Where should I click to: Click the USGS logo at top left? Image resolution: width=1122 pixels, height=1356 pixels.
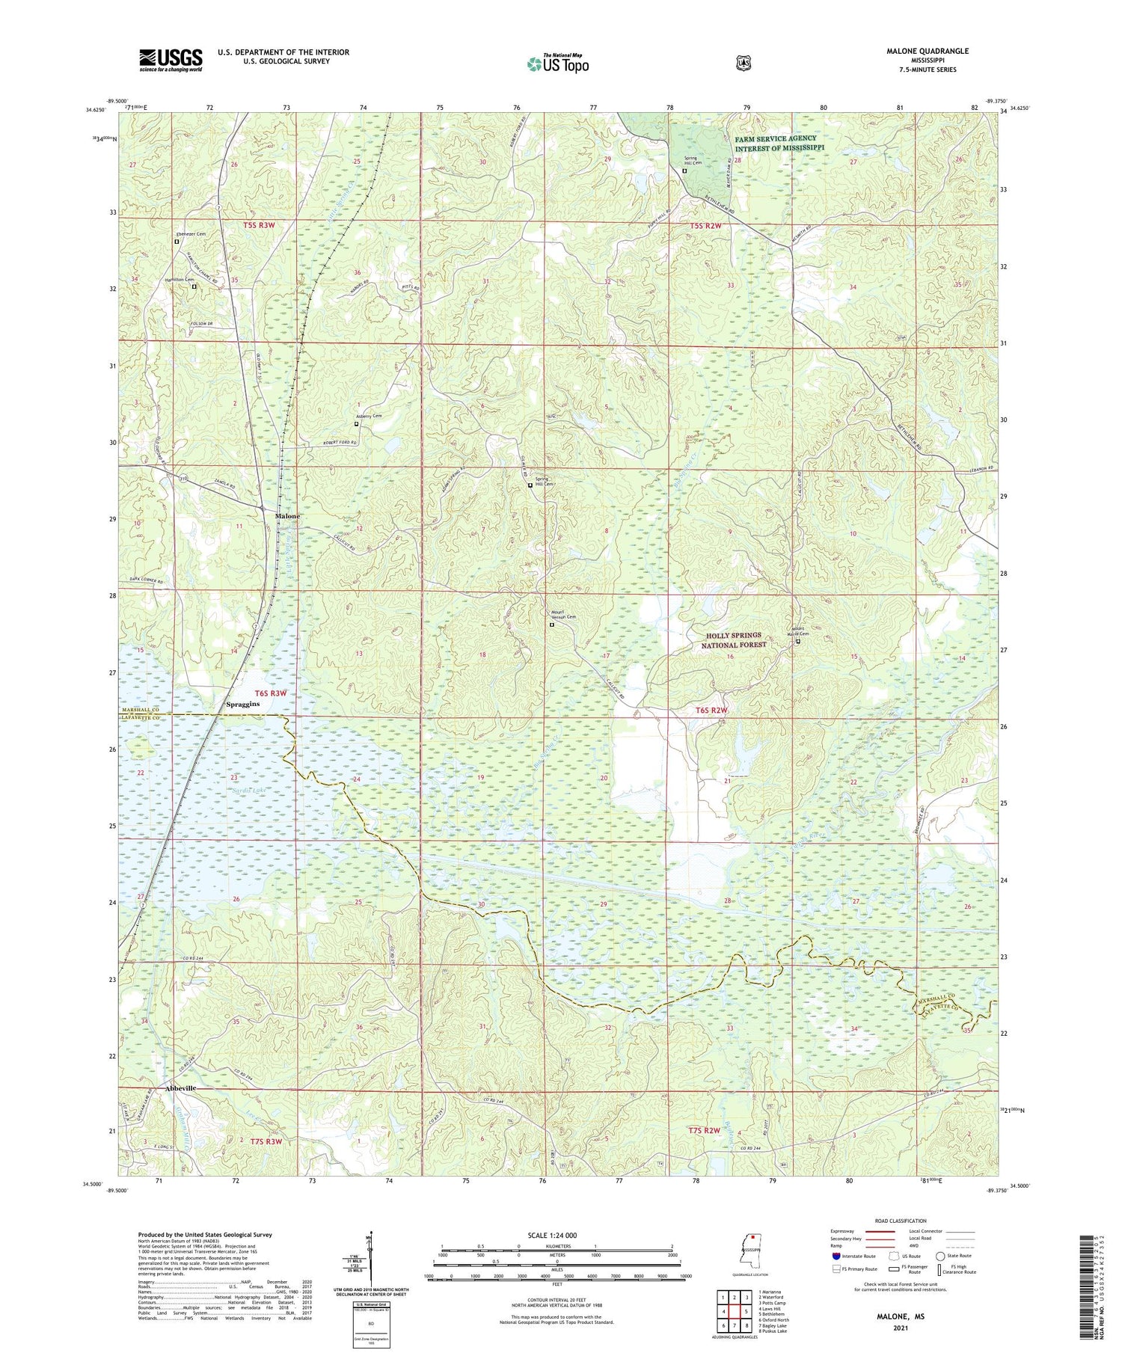pos(171,59)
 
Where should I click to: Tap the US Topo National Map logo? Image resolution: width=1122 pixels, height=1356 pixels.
pos(557,64)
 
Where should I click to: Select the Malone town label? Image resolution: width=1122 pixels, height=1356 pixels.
pos(287,516)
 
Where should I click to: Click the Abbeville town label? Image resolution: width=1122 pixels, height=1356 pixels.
pos(171,1088)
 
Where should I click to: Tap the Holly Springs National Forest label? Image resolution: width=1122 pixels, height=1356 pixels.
pos(737,640)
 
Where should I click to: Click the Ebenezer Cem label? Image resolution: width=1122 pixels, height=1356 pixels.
pos(190,234)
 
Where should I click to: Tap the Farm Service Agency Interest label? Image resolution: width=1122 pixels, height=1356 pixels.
pos(778,143)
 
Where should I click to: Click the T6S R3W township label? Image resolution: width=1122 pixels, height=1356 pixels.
pos(267,693)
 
